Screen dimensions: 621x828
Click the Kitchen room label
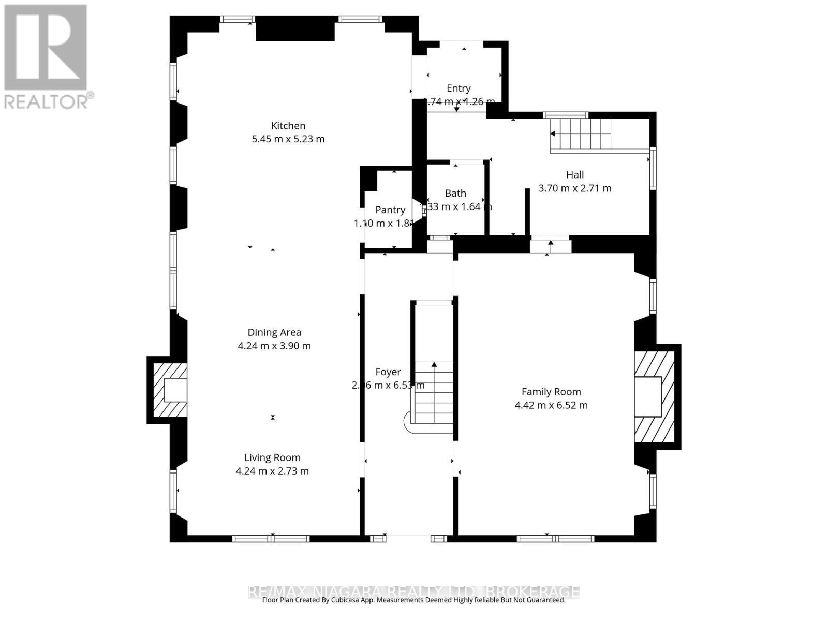pyautogui.click(x=288, y=126)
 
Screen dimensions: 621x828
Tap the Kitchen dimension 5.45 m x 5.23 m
pyautogui.click(x=288, y=139)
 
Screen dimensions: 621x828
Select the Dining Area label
pyautogui.click(x=274, y=332)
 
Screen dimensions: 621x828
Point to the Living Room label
pyautogui.click(x=272, y=457)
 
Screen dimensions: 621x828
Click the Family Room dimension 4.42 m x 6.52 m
pyautogui.click(x=551, y=405)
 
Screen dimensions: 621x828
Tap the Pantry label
pyautogui.click(x=390, y=210)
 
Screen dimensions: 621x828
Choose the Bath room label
pyautogui.click(x=455, y=193)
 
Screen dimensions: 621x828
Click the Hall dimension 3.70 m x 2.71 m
pyautogui.click(x=574, y=188)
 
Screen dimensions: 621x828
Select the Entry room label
pyautogui.click(x=459, y=88)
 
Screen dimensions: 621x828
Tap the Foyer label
pyautogui.click(x=388, y=372)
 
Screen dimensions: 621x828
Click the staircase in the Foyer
pyautogui.click(x=434, y=393)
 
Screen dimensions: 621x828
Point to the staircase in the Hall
pyautogui.click(x=581, y=134)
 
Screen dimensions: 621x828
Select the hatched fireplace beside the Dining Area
pyautogui.click(x=170, y=390)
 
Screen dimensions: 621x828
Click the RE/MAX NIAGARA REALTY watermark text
pyautogui.click(x=414, y=591)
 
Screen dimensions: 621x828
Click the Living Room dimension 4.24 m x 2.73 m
pyautogui.click(x=272, y=471)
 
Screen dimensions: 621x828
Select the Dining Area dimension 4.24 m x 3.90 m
pyautogui.click(x=274, y=346)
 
